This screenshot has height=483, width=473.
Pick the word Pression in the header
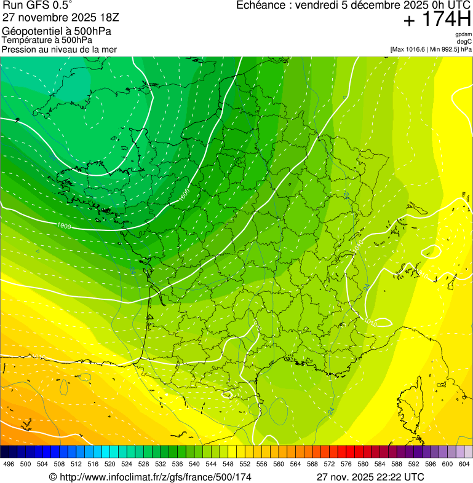[18, 49]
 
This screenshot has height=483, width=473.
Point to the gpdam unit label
[463, 34]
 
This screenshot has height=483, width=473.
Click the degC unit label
[464, 41]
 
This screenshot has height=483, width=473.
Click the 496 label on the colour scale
[9, 464]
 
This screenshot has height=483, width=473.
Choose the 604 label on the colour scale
[463, 464]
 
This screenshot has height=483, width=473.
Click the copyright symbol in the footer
[53, 477]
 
